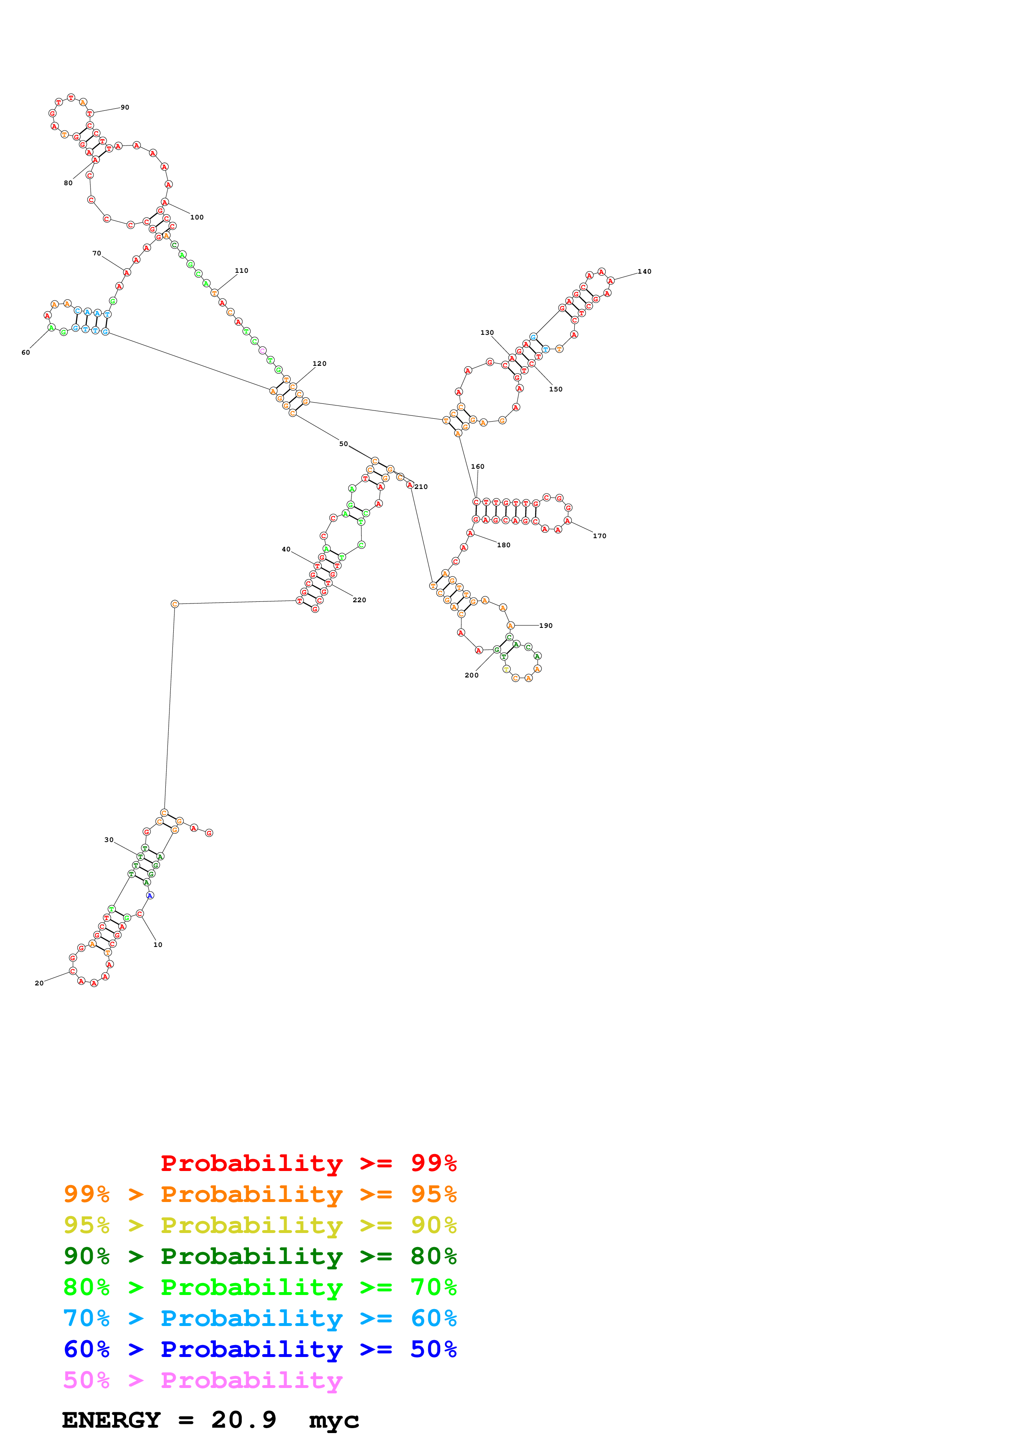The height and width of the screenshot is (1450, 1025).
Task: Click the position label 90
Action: [x=125, y=107]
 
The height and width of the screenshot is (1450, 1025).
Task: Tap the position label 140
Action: [x=644, y=272]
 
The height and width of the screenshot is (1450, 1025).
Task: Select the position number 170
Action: [x=600, y=536]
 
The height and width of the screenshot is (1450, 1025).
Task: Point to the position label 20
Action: [x=39, y=983]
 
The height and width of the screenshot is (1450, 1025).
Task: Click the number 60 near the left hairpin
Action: [x=26, y=353]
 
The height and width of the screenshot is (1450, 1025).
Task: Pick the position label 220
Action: [x=359, y=600]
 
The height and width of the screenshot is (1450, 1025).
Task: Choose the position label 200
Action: [x=472, y=675]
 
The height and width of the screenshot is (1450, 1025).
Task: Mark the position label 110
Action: [x=242, y=270]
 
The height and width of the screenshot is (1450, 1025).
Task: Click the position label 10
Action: [x=158, y=945]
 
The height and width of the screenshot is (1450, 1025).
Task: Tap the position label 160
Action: [x=478, y=467]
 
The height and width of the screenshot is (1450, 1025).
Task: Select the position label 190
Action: [x=546, y=626]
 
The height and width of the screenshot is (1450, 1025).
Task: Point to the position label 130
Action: [x=487, y=333]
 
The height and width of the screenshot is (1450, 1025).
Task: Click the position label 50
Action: [x=344, y=444]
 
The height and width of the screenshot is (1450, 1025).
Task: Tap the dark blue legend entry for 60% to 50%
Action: [x=260, y=1349]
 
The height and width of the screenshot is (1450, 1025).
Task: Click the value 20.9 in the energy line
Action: [x=244, y=1420]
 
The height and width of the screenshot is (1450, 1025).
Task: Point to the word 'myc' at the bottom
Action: [x=334, y=1421]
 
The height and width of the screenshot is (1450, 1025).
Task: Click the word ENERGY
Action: [x=111, y=1420]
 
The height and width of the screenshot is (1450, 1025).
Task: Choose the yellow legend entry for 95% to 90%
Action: [x=260, y=1225]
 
